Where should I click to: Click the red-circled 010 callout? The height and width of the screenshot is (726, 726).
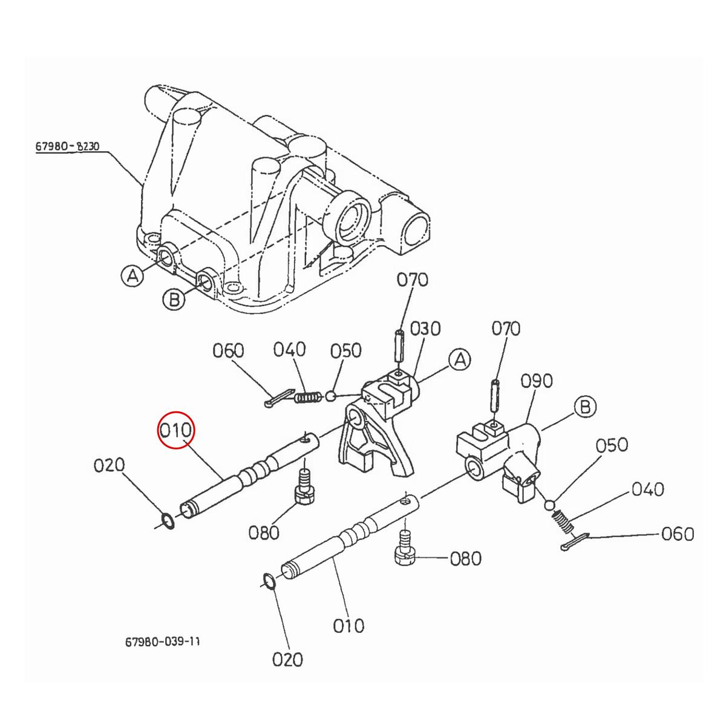175,430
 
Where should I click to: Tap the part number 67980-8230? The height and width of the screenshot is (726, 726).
67,146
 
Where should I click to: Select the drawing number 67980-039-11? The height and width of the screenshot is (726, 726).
162,641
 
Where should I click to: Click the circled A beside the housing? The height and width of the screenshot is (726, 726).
133,276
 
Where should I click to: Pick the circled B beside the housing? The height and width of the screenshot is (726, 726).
174,298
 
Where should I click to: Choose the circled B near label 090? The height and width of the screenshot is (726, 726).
584,407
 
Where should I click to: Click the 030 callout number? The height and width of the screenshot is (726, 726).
425,329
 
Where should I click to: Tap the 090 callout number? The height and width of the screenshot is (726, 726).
537,381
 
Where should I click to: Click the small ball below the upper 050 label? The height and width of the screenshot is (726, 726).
330,397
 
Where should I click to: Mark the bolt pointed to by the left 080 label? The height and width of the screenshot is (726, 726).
303,487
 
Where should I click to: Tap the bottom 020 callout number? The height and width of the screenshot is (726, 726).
287,659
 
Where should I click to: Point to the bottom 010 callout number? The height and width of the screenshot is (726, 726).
348,624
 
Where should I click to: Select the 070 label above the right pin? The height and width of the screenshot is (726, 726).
505,329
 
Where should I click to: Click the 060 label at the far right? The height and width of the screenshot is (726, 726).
678,534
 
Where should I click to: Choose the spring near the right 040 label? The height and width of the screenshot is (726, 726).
563,520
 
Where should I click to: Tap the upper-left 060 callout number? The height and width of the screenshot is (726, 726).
228,351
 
